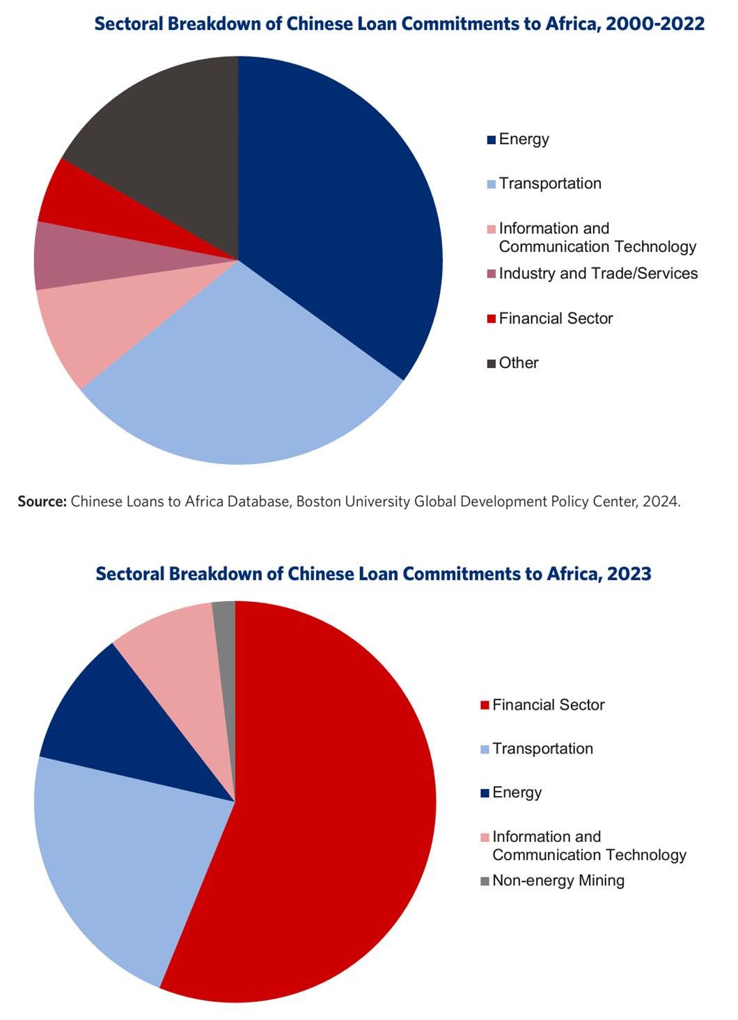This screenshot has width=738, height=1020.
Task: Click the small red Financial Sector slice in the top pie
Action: [91, 205]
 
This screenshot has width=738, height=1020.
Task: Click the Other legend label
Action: [519, 363]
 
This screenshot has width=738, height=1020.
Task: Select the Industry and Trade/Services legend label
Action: [598, 273]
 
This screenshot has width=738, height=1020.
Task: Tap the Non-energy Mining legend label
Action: [558, 881]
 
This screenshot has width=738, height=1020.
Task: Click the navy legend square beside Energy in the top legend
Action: [492, 140]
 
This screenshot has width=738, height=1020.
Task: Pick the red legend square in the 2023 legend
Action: [485, 706]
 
